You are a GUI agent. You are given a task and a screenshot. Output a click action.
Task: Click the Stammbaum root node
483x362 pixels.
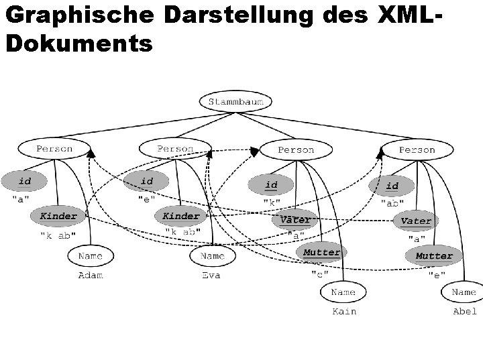[235, 101]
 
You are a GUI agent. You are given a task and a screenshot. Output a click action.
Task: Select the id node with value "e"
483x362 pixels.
[147, 181]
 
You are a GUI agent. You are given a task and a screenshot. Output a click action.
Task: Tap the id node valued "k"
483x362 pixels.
[271, 184]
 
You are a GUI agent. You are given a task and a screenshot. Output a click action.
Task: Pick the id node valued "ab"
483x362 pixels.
[392, 186]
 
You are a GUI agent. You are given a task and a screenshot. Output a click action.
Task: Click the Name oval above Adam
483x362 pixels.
[91, 255]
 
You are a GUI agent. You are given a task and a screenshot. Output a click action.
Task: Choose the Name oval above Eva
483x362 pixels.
[212, 255]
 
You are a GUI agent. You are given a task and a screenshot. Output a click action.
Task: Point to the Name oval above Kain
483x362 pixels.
[343, 292]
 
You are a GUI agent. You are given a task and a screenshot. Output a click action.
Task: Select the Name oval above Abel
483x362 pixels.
[464, 292]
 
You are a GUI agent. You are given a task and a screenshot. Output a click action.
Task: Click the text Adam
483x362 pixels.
[91, 276]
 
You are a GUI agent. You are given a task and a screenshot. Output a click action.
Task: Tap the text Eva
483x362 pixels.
[211, 276]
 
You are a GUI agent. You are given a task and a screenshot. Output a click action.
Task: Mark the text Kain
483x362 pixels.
[344, 312]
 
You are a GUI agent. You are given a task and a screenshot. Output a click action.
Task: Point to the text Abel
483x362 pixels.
[464, 312]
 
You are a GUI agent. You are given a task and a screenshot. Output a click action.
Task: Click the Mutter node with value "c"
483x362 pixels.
[322, 253]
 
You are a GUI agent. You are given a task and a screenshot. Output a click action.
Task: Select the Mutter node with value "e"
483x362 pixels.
[434, 256]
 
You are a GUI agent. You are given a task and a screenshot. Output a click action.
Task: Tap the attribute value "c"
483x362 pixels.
[319, 274]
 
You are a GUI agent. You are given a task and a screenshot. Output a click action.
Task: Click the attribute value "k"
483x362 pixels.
[272, 202]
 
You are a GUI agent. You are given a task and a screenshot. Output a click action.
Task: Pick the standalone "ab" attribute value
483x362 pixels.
[392, 202]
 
